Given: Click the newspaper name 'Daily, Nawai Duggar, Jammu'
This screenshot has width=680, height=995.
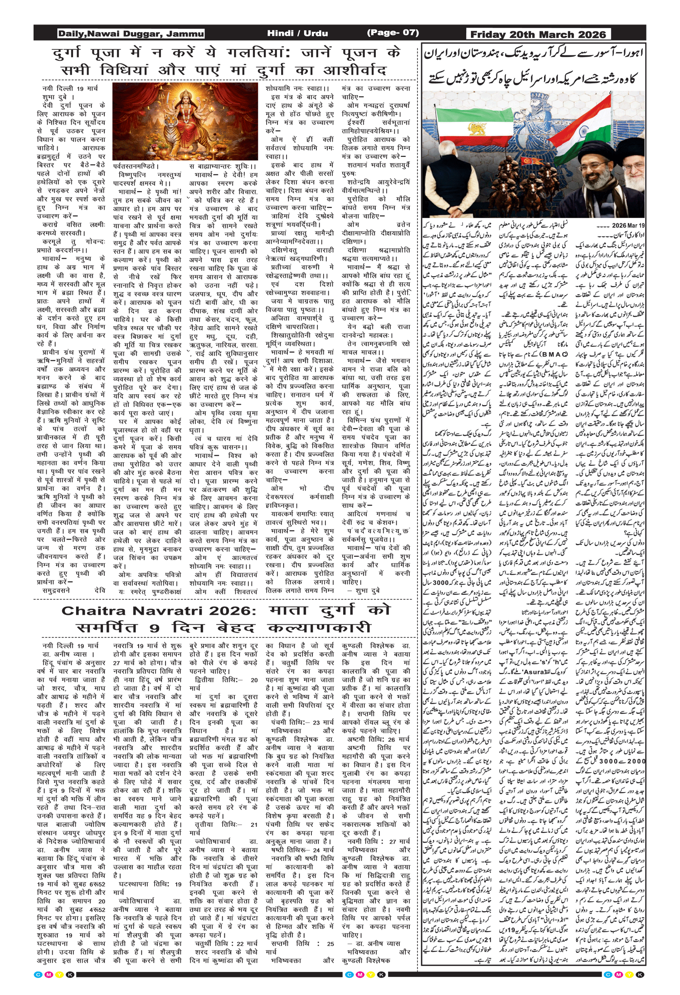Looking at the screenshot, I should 131,34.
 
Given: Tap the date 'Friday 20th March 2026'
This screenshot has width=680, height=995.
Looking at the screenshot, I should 538,34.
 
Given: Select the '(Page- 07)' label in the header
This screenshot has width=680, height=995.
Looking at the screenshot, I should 393,33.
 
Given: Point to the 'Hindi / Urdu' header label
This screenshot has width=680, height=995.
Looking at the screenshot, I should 297,33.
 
